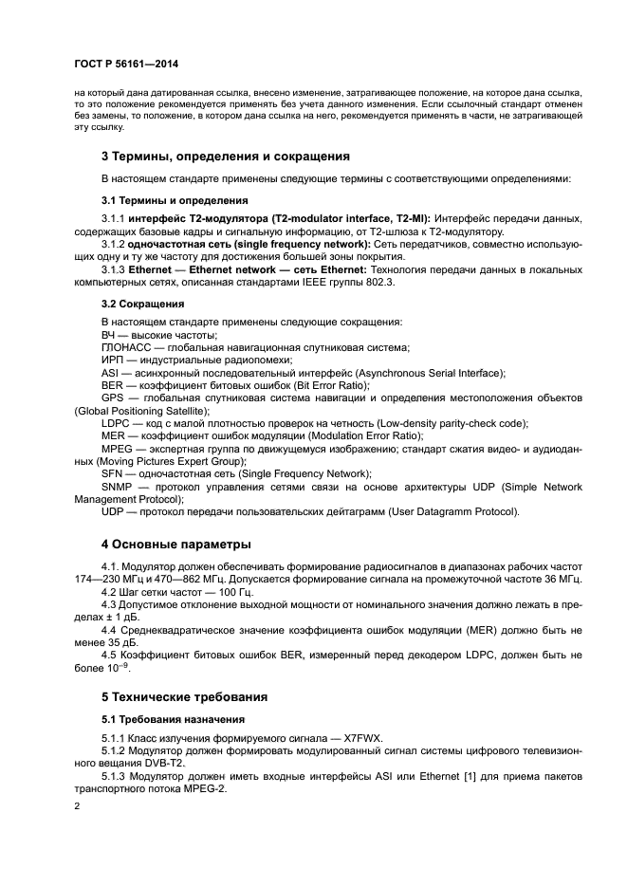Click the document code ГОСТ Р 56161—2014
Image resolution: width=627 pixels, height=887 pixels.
point(125,65)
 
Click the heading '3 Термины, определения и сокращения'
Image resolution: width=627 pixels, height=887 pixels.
point(226,156)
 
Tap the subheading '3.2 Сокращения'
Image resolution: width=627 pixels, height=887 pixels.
point(142,305)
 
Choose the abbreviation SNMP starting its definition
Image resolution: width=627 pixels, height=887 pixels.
point(118,486)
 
